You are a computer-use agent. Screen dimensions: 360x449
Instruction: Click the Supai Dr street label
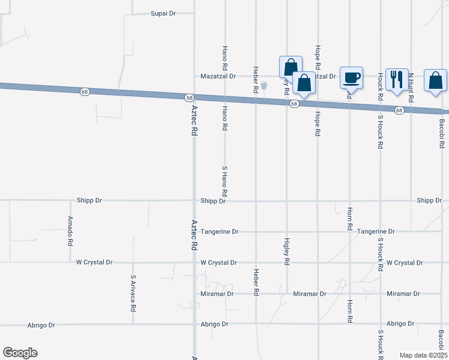pyautogui.click(x=163, y=13)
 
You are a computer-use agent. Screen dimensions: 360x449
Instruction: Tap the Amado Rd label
pyautogui.click(x=70, y=232)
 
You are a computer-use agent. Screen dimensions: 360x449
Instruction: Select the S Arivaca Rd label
pyautogui.click(x=133, y=293)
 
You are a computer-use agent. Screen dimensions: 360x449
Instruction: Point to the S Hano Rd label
pyautogui.click(x=224, y=182)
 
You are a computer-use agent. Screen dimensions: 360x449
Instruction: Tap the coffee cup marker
pyautogui.click(x=351, y=77)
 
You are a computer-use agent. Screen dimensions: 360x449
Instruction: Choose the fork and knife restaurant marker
pyautogui.click(x=397, y=79)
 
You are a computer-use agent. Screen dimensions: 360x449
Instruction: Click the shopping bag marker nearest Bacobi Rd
pyautogui.click(x=435, y=80)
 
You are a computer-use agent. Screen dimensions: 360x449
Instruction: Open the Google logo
pyautogui.click(x=20, y=353)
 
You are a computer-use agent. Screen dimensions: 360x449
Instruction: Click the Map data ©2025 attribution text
pyautogui.click(x=423, y=355)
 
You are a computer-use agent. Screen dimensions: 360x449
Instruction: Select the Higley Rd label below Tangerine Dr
pyautogui.click(x=286, y=251)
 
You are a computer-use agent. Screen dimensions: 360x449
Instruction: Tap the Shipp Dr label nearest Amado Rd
pyautogui.click(x=89, y=200)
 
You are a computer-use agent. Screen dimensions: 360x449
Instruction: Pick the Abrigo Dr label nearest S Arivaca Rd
pyautogui.click(x=41, y=325)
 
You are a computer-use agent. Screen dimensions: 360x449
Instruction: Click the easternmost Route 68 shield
pyautogui.click(x=399, y=110)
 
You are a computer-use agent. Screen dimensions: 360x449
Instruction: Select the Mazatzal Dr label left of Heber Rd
pyautogui.click(x=218, y=77)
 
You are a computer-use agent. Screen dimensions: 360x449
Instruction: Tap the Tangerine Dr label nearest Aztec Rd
pyautogui.click(x=220, y=232)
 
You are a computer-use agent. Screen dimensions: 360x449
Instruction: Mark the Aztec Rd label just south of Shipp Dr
pyautogui.click(x=194, y=234)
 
